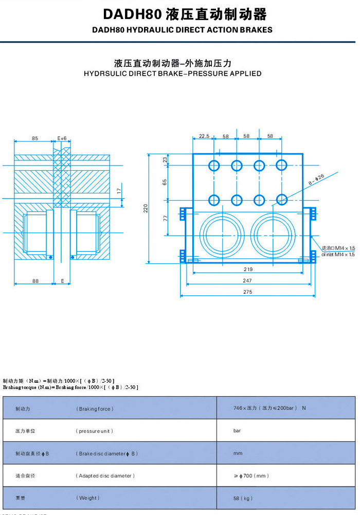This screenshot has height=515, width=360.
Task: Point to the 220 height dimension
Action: pyautogui.click(x=146, y=208)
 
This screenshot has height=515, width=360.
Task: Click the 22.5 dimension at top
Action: pyautogui.click(x=204, y=136)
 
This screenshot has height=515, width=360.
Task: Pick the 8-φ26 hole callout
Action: pyautogui.click(x=317, y=180)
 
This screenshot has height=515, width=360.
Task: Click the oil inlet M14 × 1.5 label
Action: pyautogui.click(x=338, y=254)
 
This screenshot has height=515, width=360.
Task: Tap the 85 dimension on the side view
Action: pyautogui.click(x=34, y=138)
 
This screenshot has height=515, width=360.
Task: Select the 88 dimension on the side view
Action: pyautogui.click(x=35, y=280)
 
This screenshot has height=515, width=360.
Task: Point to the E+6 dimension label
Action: pyautogui.click(x=62, y=138)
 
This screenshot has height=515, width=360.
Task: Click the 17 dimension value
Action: pyautogui.click(x=119, y=190)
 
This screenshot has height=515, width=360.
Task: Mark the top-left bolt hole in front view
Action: pyautogui.click(x=214, y=165)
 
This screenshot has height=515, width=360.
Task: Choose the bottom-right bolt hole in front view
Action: pyautogui.click(x=281, y=200)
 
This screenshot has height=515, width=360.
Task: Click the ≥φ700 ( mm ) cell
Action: pyautogui.click(x=251, y=476)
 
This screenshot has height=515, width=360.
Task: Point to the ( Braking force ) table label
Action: pyautogui.click(x=95, y=409)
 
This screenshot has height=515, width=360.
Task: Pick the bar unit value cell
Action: pyautogui.click(x=237, y=431)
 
